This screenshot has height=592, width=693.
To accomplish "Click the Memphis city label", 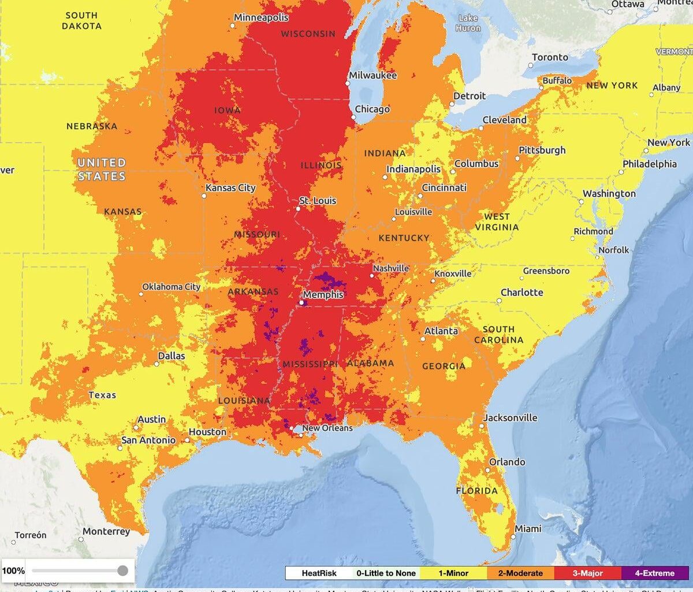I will point(323,295).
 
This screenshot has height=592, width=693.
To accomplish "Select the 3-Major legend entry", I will point(587,573).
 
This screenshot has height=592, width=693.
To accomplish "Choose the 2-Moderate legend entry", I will point(520,573).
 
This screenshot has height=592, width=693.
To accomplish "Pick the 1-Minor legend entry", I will point(453,573).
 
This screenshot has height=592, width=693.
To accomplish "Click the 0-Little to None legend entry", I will point(386,573).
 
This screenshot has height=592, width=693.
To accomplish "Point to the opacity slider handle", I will point(122,571).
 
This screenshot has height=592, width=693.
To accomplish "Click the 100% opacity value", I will point(13,571).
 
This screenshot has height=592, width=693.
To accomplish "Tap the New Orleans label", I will point(327,428).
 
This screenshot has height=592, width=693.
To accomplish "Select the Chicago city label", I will point(372,109).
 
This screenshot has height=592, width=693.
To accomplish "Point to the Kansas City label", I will point(230,188).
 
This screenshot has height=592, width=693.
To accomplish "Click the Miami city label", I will point(528,528).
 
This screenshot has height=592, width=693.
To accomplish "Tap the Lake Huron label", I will point(468,23).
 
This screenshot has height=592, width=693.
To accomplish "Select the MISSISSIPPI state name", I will point(310,364).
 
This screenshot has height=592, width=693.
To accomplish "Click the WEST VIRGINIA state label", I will point(497,222).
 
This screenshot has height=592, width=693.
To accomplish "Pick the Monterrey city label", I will point(106,531).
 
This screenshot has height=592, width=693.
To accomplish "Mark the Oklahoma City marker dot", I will point(140,294).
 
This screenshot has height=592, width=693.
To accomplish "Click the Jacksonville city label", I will point(510,417).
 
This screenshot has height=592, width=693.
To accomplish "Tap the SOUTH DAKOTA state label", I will point(81,21).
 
